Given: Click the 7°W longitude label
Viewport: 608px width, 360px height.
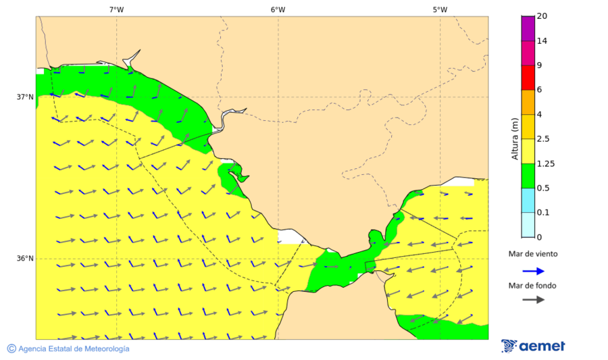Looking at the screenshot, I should (116, 9).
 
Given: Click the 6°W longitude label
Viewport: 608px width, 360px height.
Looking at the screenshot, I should (278, 9).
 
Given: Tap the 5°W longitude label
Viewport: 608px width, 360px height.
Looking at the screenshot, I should (440, 9).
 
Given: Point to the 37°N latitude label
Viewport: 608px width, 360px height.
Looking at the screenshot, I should (25, 97).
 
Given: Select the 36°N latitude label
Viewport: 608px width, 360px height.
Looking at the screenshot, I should (25, 258).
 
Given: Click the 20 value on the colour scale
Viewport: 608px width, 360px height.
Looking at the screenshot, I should (542, 16).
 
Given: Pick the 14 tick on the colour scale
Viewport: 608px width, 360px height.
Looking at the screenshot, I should (542, 41).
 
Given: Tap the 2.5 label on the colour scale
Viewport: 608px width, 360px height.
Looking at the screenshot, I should (543, 138).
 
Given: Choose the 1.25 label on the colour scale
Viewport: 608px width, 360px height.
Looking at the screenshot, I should (545, 163).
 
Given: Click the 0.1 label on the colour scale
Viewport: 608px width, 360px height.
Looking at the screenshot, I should (543, 212).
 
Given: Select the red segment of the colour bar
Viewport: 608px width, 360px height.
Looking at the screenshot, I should (528, 77).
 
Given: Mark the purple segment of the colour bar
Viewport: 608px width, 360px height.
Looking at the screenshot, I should (528, 28).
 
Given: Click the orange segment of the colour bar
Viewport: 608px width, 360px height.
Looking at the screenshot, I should (528, 101).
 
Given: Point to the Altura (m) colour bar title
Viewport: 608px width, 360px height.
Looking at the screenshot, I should (515, 138).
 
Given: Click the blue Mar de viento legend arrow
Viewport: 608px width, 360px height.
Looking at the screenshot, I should (533, 271).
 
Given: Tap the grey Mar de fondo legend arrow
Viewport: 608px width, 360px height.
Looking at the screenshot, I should (533, 299).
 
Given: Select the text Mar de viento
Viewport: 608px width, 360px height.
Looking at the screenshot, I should (533, 254).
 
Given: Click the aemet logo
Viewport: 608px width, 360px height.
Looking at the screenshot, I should (534, 346).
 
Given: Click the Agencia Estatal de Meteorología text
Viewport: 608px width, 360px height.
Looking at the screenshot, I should (74, 349).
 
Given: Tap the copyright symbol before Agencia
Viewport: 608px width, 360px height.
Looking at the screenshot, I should (11, 349).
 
